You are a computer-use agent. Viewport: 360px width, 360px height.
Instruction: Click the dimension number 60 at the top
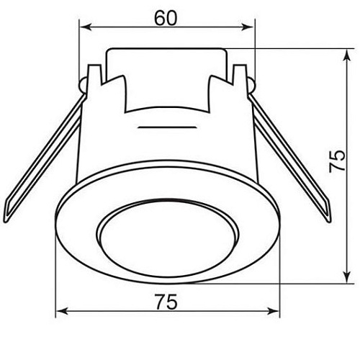click(166, 18)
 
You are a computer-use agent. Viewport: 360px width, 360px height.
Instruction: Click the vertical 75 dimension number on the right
click(337, 161)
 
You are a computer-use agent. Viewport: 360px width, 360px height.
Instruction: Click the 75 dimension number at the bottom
click(166, 302)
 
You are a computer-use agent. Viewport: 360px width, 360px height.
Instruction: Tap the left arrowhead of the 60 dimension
click(86, 27)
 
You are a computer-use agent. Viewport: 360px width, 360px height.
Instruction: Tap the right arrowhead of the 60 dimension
click(248, 27)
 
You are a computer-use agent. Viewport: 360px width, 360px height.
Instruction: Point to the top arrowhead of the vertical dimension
click(346, 55)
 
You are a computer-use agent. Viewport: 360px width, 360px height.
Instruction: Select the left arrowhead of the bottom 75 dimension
click(62, 312)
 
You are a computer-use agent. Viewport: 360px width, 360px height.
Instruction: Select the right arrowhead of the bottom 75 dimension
click(274, 312)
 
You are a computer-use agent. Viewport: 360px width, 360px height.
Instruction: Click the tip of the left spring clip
click(6, 221)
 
